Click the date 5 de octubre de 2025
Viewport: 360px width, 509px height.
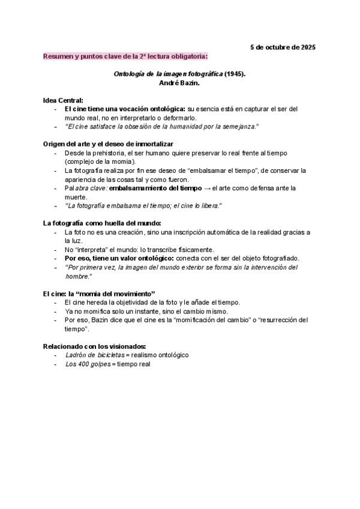pyautogui.click(x=282, y=47)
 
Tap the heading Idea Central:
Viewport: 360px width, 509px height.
pyautogui.click(x=63, y=100)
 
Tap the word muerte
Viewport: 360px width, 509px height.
pyautogui.click(x=76, y=197)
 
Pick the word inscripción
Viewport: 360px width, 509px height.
pyautogui.click(x=173, y=232)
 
